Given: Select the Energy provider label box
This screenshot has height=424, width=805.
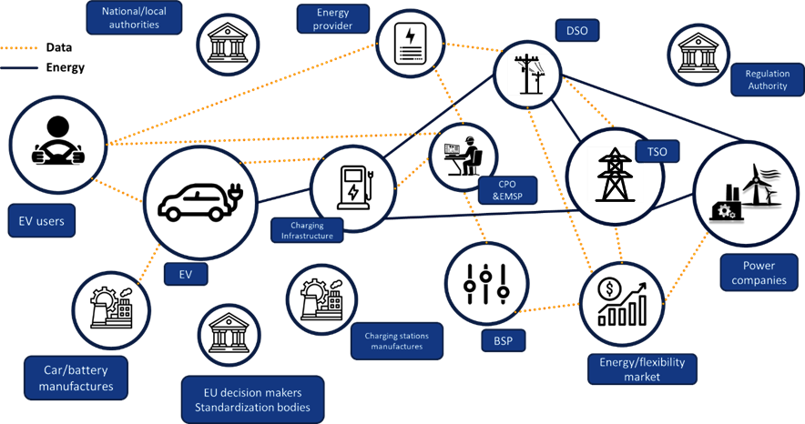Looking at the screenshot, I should (x=332, y=19).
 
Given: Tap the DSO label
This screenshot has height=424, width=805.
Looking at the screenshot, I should (x=576, y=31).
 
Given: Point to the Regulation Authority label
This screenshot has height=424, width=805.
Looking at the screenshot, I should (x=767, y=80).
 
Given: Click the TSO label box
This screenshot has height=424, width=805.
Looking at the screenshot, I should (x=657, y=150).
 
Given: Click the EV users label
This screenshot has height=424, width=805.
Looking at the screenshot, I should (x=42, y=219).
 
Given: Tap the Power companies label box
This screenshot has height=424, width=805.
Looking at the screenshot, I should (x=759, y=272).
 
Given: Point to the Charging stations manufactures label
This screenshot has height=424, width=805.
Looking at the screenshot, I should (x=396, y=341).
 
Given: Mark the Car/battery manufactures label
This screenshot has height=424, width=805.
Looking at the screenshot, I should (x=76, y=379).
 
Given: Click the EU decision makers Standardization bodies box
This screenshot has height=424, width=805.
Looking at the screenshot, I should (x=252, y=399).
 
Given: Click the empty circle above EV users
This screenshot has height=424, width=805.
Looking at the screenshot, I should (x=57, y=142).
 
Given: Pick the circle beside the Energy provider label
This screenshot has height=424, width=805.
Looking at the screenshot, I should (x=410, y=43).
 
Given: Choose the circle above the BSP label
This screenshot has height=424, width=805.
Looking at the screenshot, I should (x=487, y=283).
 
